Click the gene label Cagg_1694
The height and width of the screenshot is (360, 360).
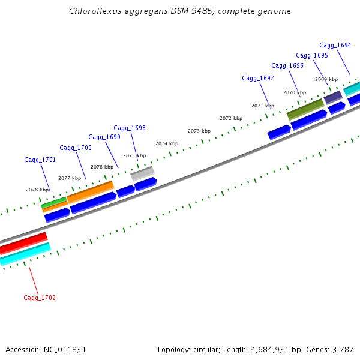coord(335,45)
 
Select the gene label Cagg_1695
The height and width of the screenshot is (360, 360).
coord(312,55)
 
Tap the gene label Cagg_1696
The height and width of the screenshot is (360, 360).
coord(287,65)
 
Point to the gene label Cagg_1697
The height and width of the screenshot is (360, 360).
coord(258,78)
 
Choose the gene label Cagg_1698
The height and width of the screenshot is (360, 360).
coord(130,128)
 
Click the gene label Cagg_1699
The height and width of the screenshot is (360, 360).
coord(104,137)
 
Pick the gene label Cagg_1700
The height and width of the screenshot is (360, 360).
coord(76,148)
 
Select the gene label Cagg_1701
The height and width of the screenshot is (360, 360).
coord(40,160)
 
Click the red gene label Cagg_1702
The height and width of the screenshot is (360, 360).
coord(40,298)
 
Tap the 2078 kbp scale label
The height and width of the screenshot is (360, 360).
coord(36,190)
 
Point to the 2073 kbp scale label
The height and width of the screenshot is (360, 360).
coord(199,131)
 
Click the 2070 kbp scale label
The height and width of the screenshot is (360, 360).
coord(294,92)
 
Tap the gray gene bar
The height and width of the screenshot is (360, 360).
coord(142,173)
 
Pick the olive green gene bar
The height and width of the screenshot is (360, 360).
coord(305,109)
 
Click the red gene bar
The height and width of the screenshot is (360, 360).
coord(23,242)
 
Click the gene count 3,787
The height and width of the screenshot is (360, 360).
coord(341,349)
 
